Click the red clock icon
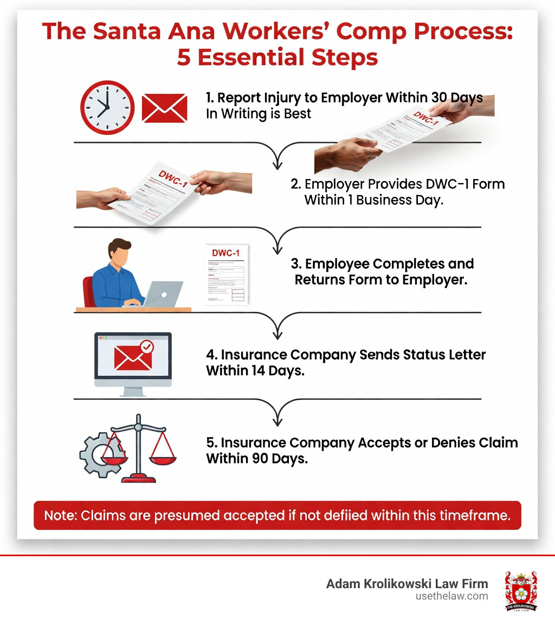click(x=107, y=107)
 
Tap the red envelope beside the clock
click(x=164, y=107)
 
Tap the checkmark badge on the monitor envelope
click(x=146, y=347)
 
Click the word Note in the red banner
click(x=60, y=515)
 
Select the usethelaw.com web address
click(x=451, y=596)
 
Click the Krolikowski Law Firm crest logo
click(x=520, y=590)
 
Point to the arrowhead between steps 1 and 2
click(x=277, y=162)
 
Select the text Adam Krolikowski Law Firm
click(x=407, y=584)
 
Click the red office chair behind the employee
click(x=88, y=292)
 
